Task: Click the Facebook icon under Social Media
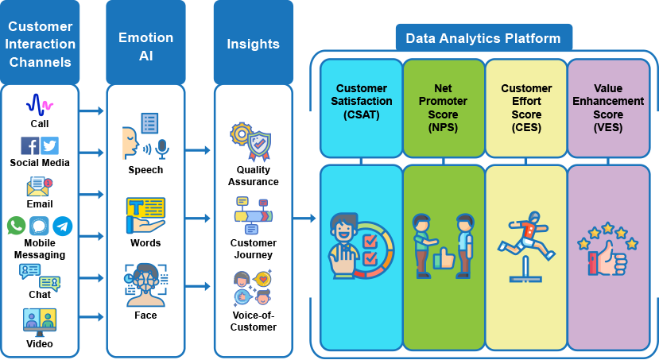coord(30,146)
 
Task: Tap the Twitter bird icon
coord(50,146)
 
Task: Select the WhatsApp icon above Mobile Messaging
coord(17,226)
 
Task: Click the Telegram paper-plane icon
coord(62,226)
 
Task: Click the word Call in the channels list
coord(40,124)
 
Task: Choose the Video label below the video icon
coord(40,344)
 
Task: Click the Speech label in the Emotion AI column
coord(145,170)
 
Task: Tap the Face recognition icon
coord(145,285)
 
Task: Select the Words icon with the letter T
coord(145,215)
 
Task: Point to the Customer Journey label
coord(253,249)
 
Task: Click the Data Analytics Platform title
coord(483,38)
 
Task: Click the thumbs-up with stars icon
coord(608,250)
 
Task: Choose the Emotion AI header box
coord(145,44)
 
